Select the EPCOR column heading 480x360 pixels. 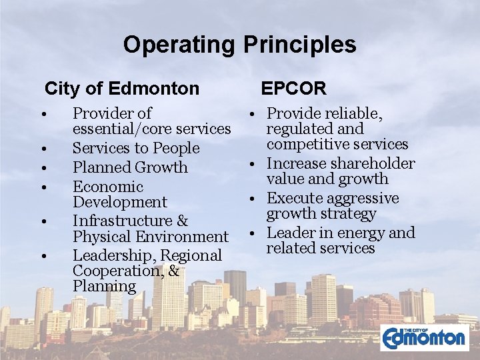click(x=293, y=88)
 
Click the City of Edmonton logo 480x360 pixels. click(x=425, y=336)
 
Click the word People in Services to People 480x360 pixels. click(x=176, y=148)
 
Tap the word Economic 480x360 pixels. click(x=108, y=187)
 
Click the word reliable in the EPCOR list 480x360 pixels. click(x=351, y=114)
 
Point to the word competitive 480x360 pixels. click(x=308, y=145)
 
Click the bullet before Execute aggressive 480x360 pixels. click(x=257, y=199)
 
